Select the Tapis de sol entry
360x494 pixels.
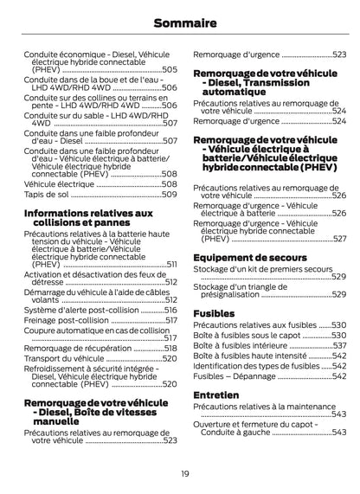coord(45,194)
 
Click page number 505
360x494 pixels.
coord(170,69)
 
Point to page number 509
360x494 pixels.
coord(170,194)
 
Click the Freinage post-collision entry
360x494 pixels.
coord(67,319)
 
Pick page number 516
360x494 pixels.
coord(170,309)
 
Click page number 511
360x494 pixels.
coord(171,264)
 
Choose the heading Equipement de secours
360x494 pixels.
coord(246,258)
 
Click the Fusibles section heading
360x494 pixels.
coord(213,313)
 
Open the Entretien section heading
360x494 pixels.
coord(216,395)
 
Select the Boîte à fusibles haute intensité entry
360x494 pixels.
coord(249,355)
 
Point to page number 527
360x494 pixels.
coord(339,239)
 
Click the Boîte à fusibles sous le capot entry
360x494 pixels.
coord(247,335)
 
